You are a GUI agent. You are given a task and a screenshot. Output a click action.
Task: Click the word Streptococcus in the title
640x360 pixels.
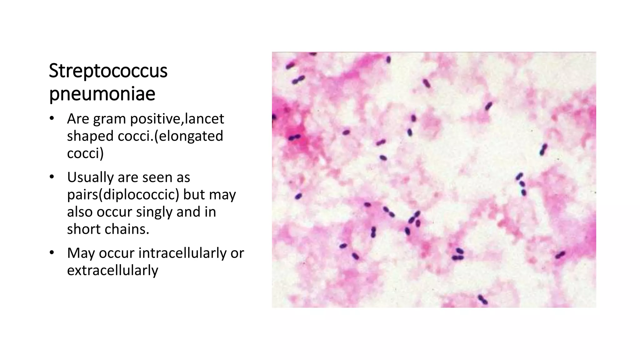click(x=108, y=71)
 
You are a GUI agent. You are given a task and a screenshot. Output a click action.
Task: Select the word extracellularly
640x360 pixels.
click(x=112, y=270)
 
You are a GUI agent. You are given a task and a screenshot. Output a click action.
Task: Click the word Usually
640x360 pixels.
click(x=90, y=177)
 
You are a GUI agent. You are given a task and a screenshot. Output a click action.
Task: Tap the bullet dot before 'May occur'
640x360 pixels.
click(x=52, y=253)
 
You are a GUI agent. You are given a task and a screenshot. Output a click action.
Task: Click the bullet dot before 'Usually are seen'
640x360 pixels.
click(x=52, y=177)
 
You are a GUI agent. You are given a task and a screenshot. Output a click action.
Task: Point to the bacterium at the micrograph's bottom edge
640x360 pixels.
click(x=482, y=299)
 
